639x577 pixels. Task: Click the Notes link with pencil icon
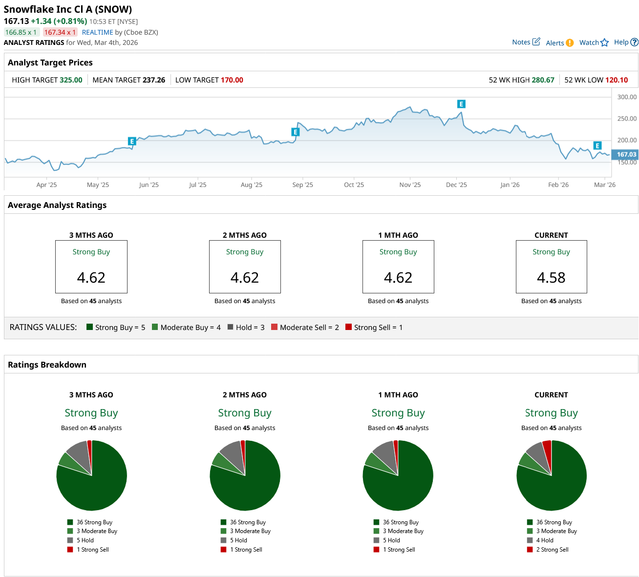coord(526,42)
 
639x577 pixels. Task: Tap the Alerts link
coord(559,43)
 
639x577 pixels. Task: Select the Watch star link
coord(594,42)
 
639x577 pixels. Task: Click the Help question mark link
coord(626,42)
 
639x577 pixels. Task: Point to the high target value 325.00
coord(71,80)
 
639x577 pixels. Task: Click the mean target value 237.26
coord(153,80)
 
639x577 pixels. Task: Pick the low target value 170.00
coord(232,80)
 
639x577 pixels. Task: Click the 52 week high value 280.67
coord(543,80)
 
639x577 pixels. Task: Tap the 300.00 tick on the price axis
coord(627,97)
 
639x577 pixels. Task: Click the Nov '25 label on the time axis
coord(410,185)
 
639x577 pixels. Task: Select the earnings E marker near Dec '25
coord(461,104)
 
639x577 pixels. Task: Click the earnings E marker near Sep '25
coord(295,132)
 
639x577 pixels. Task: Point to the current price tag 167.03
coord(626,154)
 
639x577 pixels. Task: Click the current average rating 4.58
coord(551,278)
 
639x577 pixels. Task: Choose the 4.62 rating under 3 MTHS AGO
coord(91,278)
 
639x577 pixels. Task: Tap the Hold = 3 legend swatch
coord(230,327)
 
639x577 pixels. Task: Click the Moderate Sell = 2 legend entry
coord(305,328)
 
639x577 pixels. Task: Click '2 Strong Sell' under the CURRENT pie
coord(552,550)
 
